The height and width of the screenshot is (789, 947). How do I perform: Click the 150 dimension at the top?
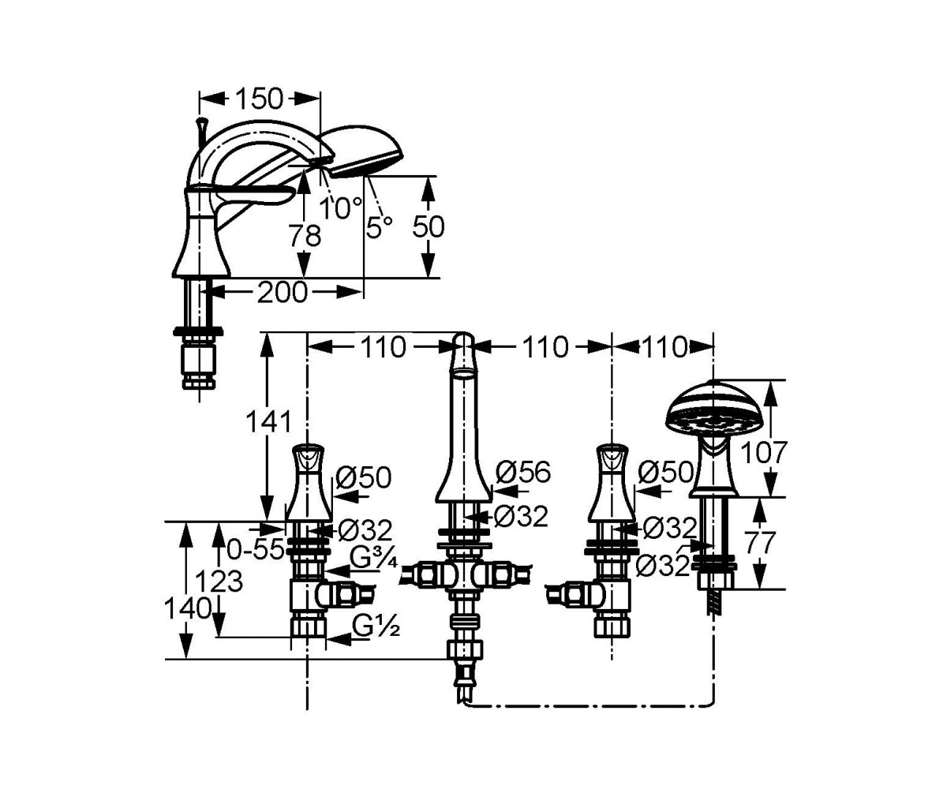pos(259,99)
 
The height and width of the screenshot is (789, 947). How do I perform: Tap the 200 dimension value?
pos(282,293)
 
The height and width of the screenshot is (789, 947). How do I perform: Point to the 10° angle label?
pos(341,208)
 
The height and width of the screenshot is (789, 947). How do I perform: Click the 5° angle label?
pos(379,226)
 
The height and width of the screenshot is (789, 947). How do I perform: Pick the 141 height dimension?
pos(268,422)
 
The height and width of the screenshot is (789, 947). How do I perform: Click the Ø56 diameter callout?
pos(523,472)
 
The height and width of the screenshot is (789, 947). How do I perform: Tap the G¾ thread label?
pos(375,559)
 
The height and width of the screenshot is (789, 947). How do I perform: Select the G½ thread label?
pos(376,626)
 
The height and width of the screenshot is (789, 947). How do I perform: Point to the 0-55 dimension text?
pos(256,551)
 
